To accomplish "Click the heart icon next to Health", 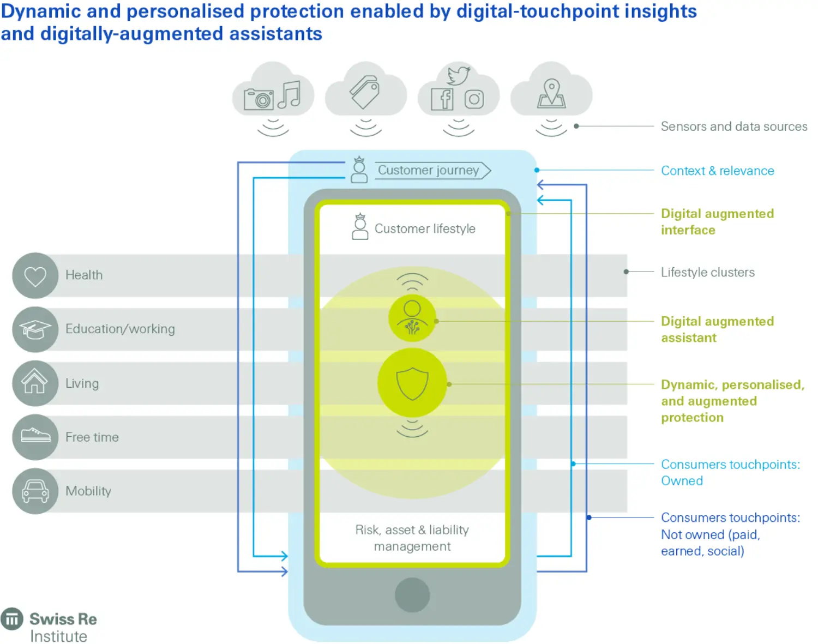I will click(35, 275).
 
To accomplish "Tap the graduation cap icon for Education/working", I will click(35, 329).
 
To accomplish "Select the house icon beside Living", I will click(35, 382).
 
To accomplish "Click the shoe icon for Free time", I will click(35, 436).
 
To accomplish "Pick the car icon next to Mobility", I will click(35, 491).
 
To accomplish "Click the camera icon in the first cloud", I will click(258, 99).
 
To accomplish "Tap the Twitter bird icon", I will click(458, 75).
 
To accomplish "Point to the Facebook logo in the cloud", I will click(442, 99).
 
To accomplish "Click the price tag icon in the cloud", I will click(365, 92).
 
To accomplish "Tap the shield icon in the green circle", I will click(412, 383).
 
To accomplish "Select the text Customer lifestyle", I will click(425, 228).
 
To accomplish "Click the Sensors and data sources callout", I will click(733, 127).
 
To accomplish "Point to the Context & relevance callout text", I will click(717, 171).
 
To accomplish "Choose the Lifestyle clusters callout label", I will click(707, 272).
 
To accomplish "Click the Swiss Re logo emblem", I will click(12, 619).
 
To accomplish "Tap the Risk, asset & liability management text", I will click(412, 538).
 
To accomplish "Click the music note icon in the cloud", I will click(290, 95).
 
